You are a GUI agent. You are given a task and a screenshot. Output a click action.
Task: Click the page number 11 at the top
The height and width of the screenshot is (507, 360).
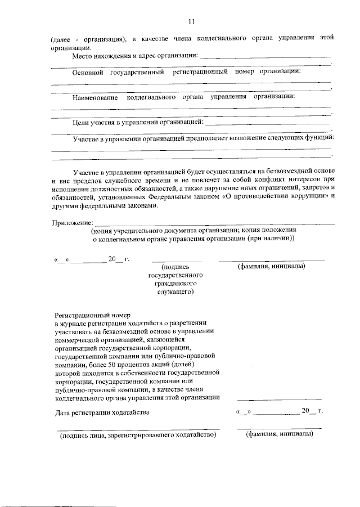[191, 22]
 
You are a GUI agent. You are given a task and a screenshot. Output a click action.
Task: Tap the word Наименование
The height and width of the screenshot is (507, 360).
[95, 97]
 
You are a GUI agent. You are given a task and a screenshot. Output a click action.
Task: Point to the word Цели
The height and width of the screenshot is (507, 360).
[82, 122]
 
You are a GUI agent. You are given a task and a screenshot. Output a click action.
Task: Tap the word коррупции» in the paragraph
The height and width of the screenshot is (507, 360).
[307, 197]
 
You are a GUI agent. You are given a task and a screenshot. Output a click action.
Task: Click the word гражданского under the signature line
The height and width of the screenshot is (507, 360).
[176, 284]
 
